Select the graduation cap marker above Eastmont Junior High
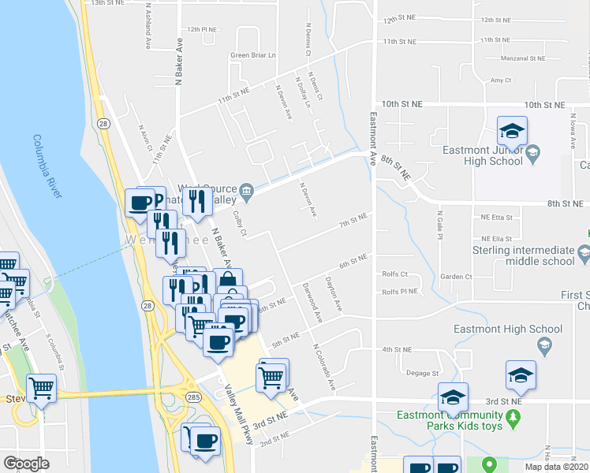[x=512, y=131]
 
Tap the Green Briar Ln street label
[x=252, y=55]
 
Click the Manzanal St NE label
[x=517, y=58]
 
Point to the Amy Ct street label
[x=501, y=80]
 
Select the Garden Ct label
[x=456, y=277]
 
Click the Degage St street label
[x=422, y=373]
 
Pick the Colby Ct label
[x=241, y=223]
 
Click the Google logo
[x=26, y=464]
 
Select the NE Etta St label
[x=496, y=217]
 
